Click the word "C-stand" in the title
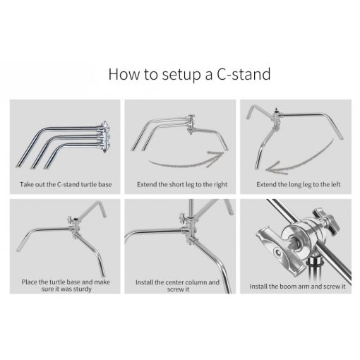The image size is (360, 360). coord(244,74)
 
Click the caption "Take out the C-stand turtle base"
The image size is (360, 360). coord(66,184)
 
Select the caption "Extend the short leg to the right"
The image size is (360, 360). coord(182,184)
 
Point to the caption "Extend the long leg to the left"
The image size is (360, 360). coord(299,184)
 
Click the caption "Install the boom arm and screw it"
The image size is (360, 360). coord(297,287)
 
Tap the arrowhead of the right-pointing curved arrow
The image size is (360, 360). coord(216,158)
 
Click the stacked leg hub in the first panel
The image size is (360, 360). coord(104,136)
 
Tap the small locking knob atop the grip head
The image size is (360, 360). coord(326,221)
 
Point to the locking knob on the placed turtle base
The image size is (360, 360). coord(71,220)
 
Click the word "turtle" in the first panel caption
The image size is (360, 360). coord(89,184)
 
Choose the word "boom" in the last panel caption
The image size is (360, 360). coord(290,287)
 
